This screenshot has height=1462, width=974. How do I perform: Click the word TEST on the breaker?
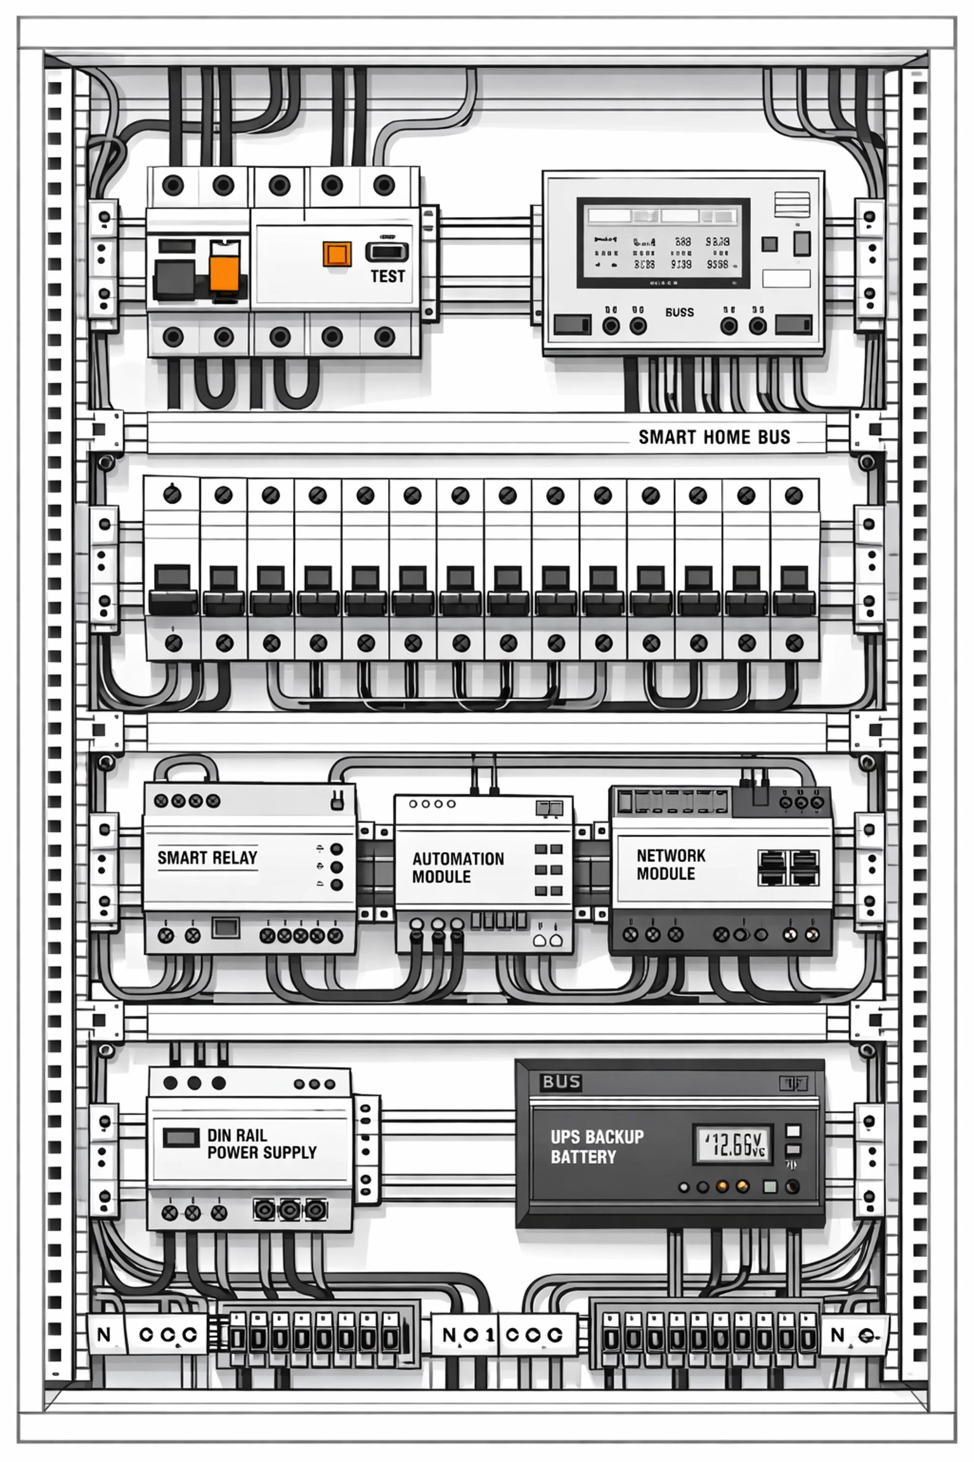(387, 276)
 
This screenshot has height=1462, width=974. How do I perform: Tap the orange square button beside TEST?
(337, 254)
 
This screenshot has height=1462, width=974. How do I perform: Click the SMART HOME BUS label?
(714, 437)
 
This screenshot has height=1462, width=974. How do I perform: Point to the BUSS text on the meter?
(679, 312)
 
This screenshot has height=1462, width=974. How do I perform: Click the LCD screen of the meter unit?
(663, 242)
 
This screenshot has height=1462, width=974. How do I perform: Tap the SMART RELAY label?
(207, 858)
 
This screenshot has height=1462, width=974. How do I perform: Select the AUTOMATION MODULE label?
(458, 867)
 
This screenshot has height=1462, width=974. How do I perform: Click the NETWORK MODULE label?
(670, 864)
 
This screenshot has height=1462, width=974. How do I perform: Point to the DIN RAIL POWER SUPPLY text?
(261, 1143)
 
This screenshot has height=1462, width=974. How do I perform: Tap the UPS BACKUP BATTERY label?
(597, 1147)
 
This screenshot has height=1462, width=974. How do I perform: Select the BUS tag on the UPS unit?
(561, 1082)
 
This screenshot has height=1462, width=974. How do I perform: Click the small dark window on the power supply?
(181, 1137)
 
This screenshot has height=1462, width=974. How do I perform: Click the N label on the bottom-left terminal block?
(104, 1334)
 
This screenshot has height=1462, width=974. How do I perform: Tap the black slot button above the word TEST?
(387, 252)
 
